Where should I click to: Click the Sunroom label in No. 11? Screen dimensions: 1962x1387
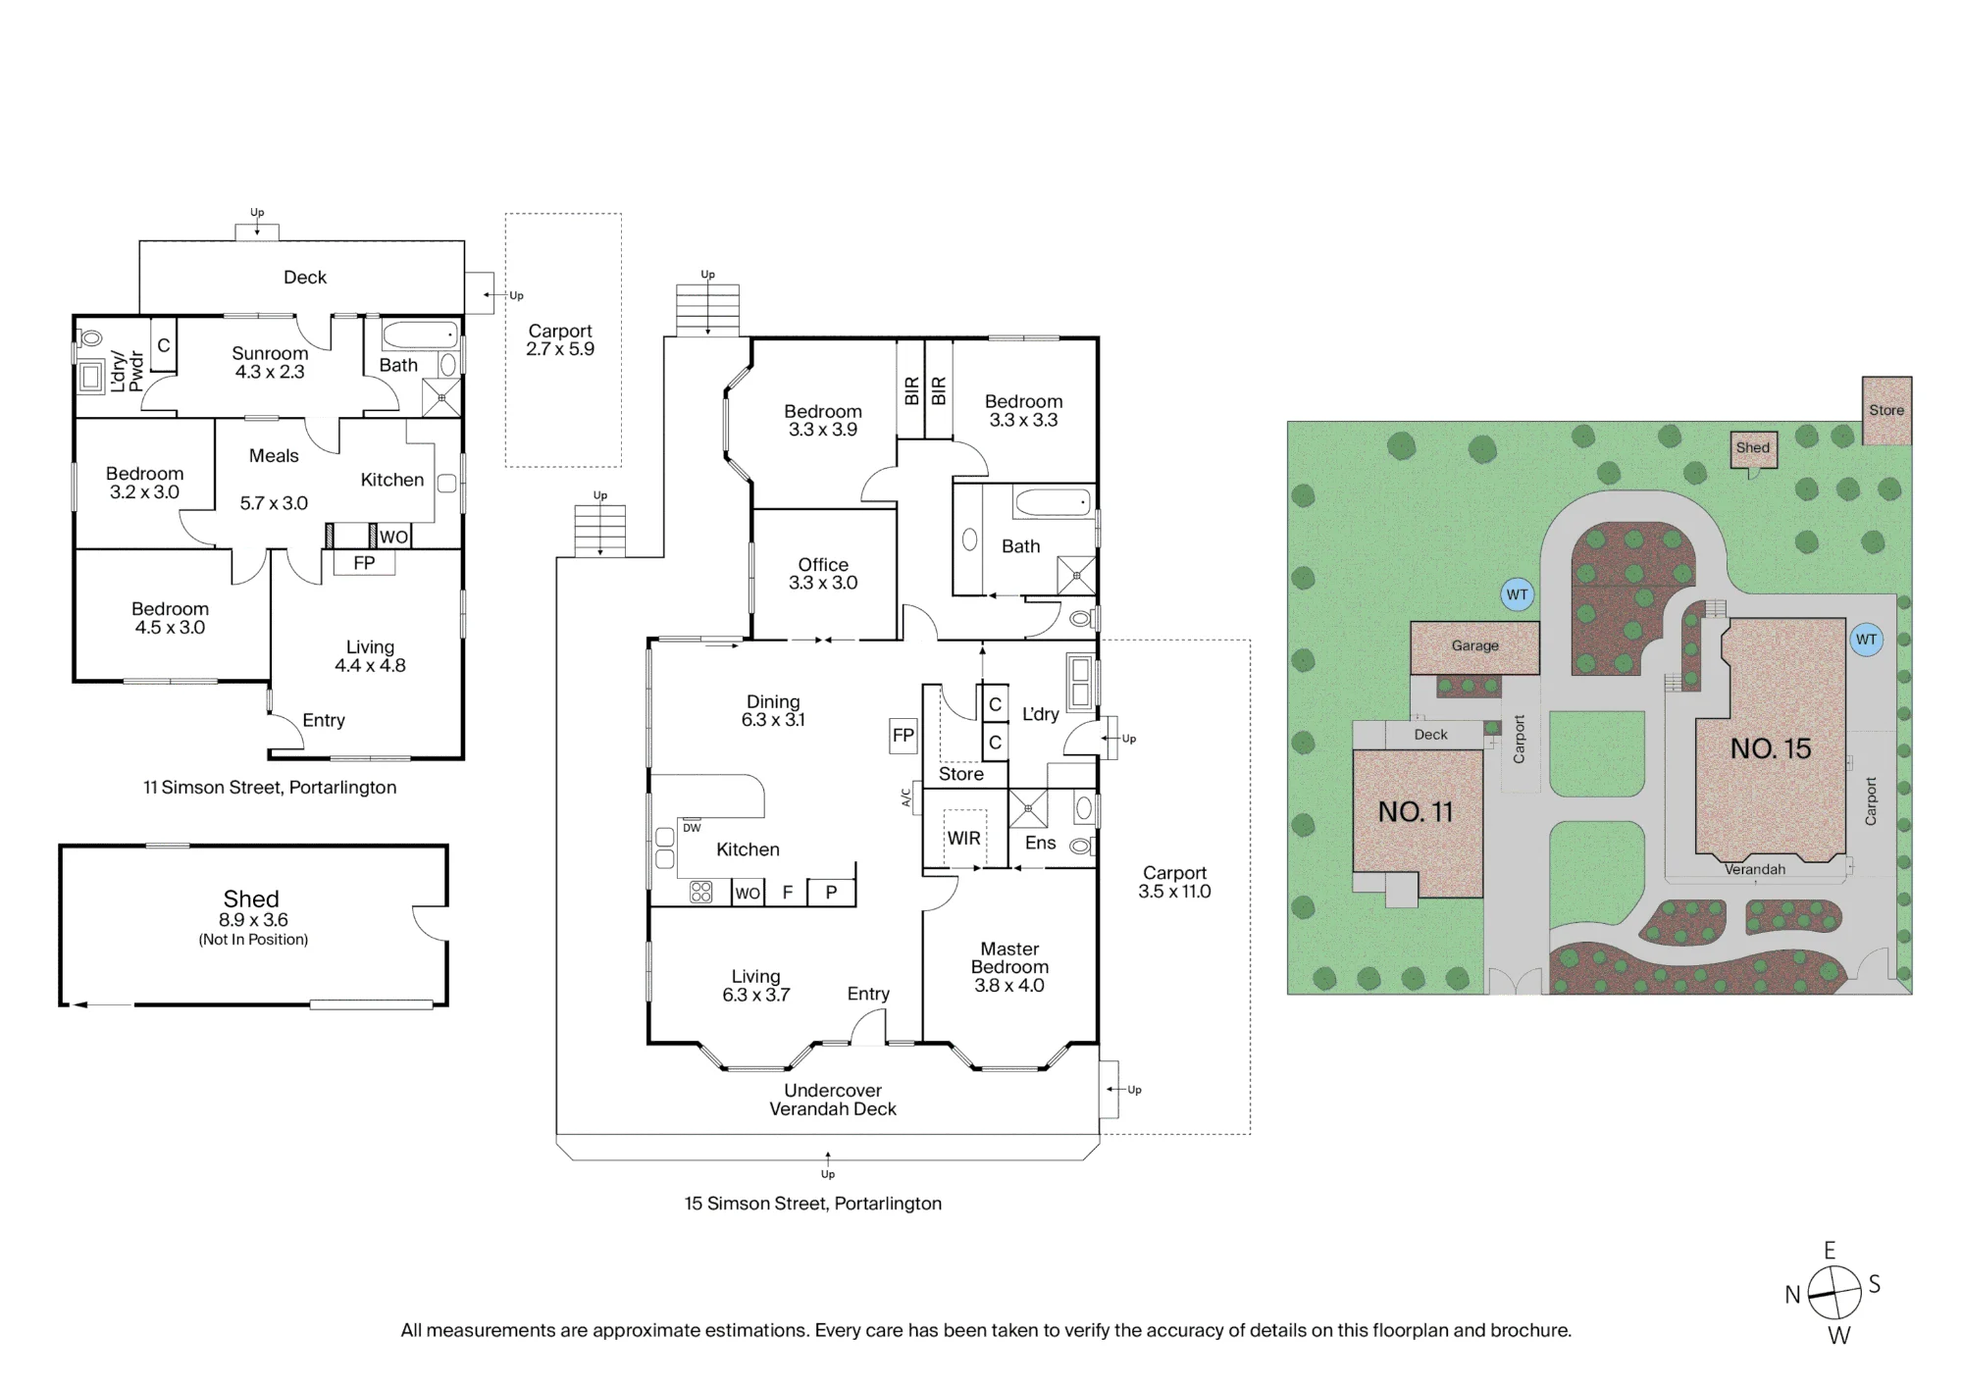[270, 353]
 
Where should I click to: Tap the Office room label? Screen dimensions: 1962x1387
[823, 565]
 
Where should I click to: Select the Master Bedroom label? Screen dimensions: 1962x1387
[1009, 957]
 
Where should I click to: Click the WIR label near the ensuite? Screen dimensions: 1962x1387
[963, 839]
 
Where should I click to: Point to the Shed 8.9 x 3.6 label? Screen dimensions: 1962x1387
[252, 909]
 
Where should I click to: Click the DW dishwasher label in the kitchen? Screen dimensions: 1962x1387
[692, 828]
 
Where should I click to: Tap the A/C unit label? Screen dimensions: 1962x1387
[906, 797]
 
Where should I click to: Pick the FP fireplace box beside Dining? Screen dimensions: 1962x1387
[904, 736]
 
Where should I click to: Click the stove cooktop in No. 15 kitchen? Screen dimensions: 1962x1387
[700, 892]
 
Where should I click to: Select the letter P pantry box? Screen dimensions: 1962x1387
[831, 892]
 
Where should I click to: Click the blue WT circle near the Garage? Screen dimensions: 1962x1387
[1518, 594]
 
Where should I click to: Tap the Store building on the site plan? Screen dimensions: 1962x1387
[1886, 410]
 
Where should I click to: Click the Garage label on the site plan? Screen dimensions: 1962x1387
[1475, 645]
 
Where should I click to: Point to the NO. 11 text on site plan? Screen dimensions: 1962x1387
[1416, 812]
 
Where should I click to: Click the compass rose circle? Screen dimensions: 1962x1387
[1834, 1293]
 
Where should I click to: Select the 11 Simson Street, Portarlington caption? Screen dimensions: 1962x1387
[270, 788]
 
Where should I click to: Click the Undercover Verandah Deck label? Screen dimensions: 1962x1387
[833, 1100]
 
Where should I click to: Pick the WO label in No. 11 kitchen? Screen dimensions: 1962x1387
[393, 537]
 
